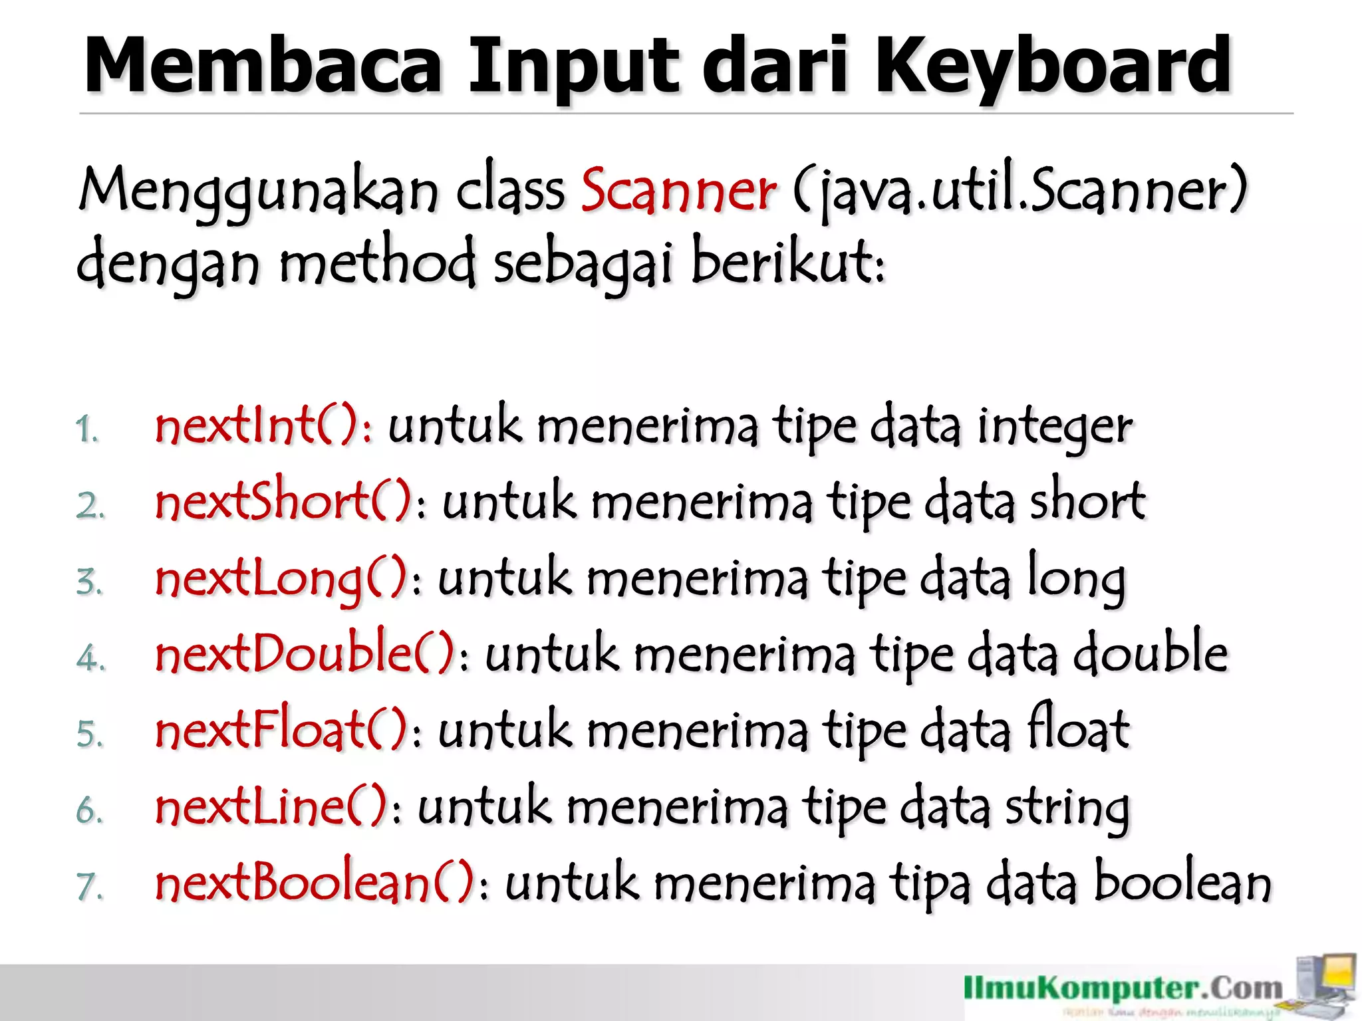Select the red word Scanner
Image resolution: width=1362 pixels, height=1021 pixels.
point(678,191)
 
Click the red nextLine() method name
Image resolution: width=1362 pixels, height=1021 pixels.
point(271,807)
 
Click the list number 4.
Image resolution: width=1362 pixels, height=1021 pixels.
point(90,658)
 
